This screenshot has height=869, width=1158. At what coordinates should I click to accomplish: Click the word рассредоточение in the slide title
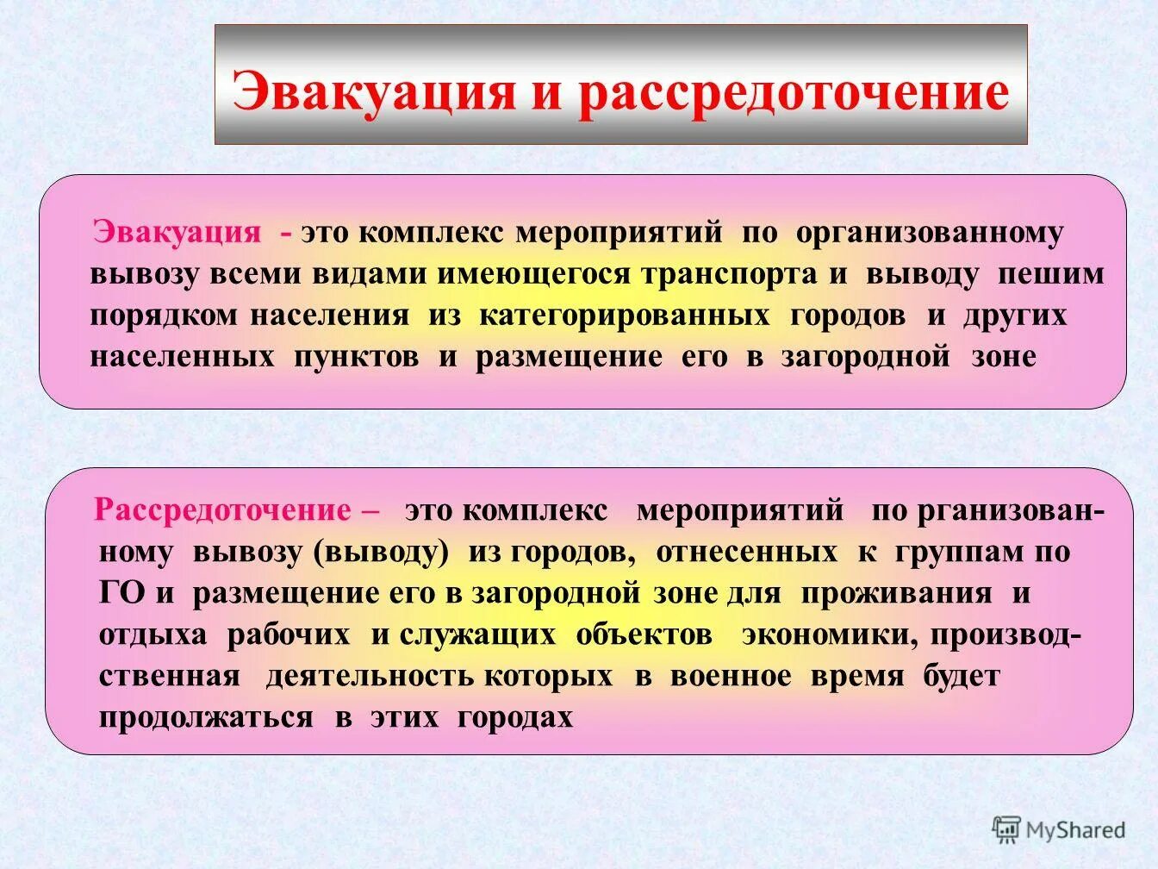coord(794,92)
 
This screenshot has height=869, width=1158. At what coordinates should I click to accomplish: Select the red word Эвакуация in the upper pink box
coord(177,232)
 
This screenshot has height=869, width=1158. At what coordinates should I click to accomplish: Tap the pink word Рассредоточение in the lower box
coord(223,510)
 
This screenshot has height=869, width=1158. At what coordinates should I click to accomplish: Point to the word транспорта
coord(729,274)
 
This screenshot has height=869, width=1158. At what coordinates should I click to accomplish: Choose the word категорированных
coord(625,316)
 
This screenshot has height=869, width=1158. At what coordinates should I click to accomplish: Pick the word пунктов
coord(357,357)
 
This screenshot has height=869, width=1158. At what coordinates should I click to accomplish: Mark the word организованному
coord(930,233)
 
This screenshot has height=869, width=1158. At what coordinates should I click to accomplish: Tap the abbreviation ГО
coord(122,594)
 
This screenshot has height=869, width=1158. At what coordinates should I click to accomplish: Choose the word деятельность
coord(439,677)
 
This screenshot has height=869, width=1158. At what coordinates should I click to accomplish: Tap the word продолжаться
coord(206,718)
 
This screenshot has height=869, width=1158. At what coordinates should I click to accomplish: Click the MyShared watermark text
coord(1076,830)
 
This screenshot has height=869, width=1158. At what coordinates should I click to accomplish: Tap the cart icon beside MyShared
coord(1006,829)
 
